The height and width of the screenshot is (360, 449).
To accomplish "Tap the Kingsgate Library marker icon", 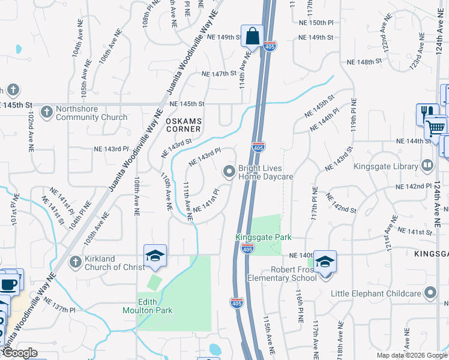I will click(427, 164).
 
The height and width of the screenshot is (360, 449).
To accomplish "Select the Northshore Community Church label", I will click(91, 113).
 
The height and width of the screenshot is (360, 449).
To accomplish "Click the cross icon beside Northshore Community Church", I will click(46, 112).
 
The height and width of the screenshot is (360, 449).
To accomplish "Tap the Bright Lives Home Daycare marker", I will click(229, 172).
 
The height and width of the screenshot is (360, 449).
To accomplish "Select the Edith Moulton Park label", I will click(147, 305).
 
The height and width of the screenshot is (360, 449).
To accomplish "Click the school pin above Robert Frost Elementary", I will click(325, 262).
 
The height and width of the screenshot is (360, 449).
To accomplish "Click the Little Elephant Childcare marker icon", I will click(430, 293).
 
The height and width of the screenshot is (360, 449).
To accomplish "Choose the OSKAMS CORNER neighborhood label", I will click(183, 124).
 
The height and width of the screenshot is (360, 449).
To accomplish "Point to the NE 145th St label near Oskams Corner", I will click(187, 104).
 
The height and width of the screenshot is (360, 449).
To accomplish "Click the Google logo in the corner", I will click(20, 353).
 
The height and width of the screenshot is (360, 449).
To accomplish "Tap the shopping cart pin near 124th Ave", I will click(436, 127).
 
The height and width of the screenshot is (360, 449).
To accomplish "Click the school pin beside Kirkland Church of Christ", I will click(155, 256).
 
